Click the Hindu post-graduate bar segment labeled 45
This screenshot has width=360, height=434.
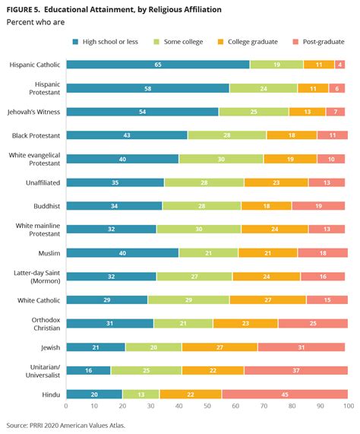pos(285,394)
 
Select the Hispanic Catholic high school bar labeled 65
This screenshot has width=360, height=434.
pos(158,65)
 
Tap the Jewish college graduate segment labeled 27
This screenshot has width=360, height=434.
pos(219,347)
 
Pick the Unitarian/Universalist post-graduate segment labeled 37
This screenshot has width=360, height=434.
pos(296,370)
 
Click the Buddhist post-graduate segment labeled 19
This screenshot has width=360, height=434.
pos(318,206)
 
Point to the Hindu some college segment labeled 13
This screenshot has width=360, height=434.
pos(141,394)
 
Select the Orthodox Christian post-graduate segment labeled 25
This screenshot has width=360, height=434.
pos(313,323)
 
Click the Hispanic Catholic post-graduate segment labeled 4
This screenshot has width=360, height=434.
pos(339,65)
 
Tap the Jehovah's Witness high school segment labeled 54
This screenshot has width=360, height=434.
pos(142,112)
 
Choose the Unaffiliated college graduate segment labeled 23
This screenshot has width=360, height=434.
pos(276,182)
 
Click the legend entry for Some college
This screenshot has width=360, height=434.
pos(178,42)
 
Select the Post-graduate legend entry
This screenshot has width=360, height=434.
pos(318,42)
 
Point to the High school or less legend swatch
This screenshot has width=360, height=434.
pos(75,42)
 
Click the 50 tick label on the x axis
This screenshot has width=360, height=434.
pos(207,406)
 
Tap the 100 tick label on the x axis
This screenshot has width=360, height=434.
pos(349,406)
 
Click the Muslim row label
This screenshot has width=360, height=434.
pos(49,253)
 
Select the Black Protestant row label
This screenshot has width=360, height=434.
pos(36,135)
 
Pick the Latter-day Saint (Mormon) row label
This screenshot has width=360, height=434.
pos(37,277)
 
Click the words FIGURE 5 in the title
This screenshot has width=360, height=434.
pos(23,10)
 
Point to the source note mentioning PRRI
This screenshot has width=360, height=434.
pos(66,425)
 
